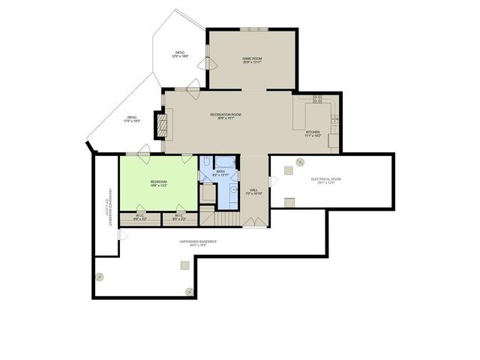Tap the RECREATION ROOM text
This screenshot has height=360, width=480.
pos(226,115)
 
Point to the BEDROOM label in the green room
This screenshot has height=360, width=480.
pos(158,184)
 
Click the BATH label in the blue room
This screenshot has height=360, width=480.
pos(220,173)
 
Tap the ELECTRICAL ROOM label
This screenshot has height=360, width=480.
pos(326,180)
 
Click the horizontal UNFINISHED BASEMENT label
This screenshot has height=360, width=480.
pos(198,242)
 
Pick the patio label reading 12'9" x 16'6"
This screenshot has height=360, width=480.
pos(180,54)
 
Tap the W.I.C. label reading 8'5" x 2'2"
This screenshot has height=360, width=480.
pos(178,217)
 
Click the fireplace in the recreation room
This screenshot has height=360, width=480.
pos(160,124)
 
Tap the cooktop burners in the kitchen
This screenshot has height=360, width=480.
pos(316,98)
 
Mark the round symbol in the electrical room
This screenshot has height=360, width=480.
pos(298,162)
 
